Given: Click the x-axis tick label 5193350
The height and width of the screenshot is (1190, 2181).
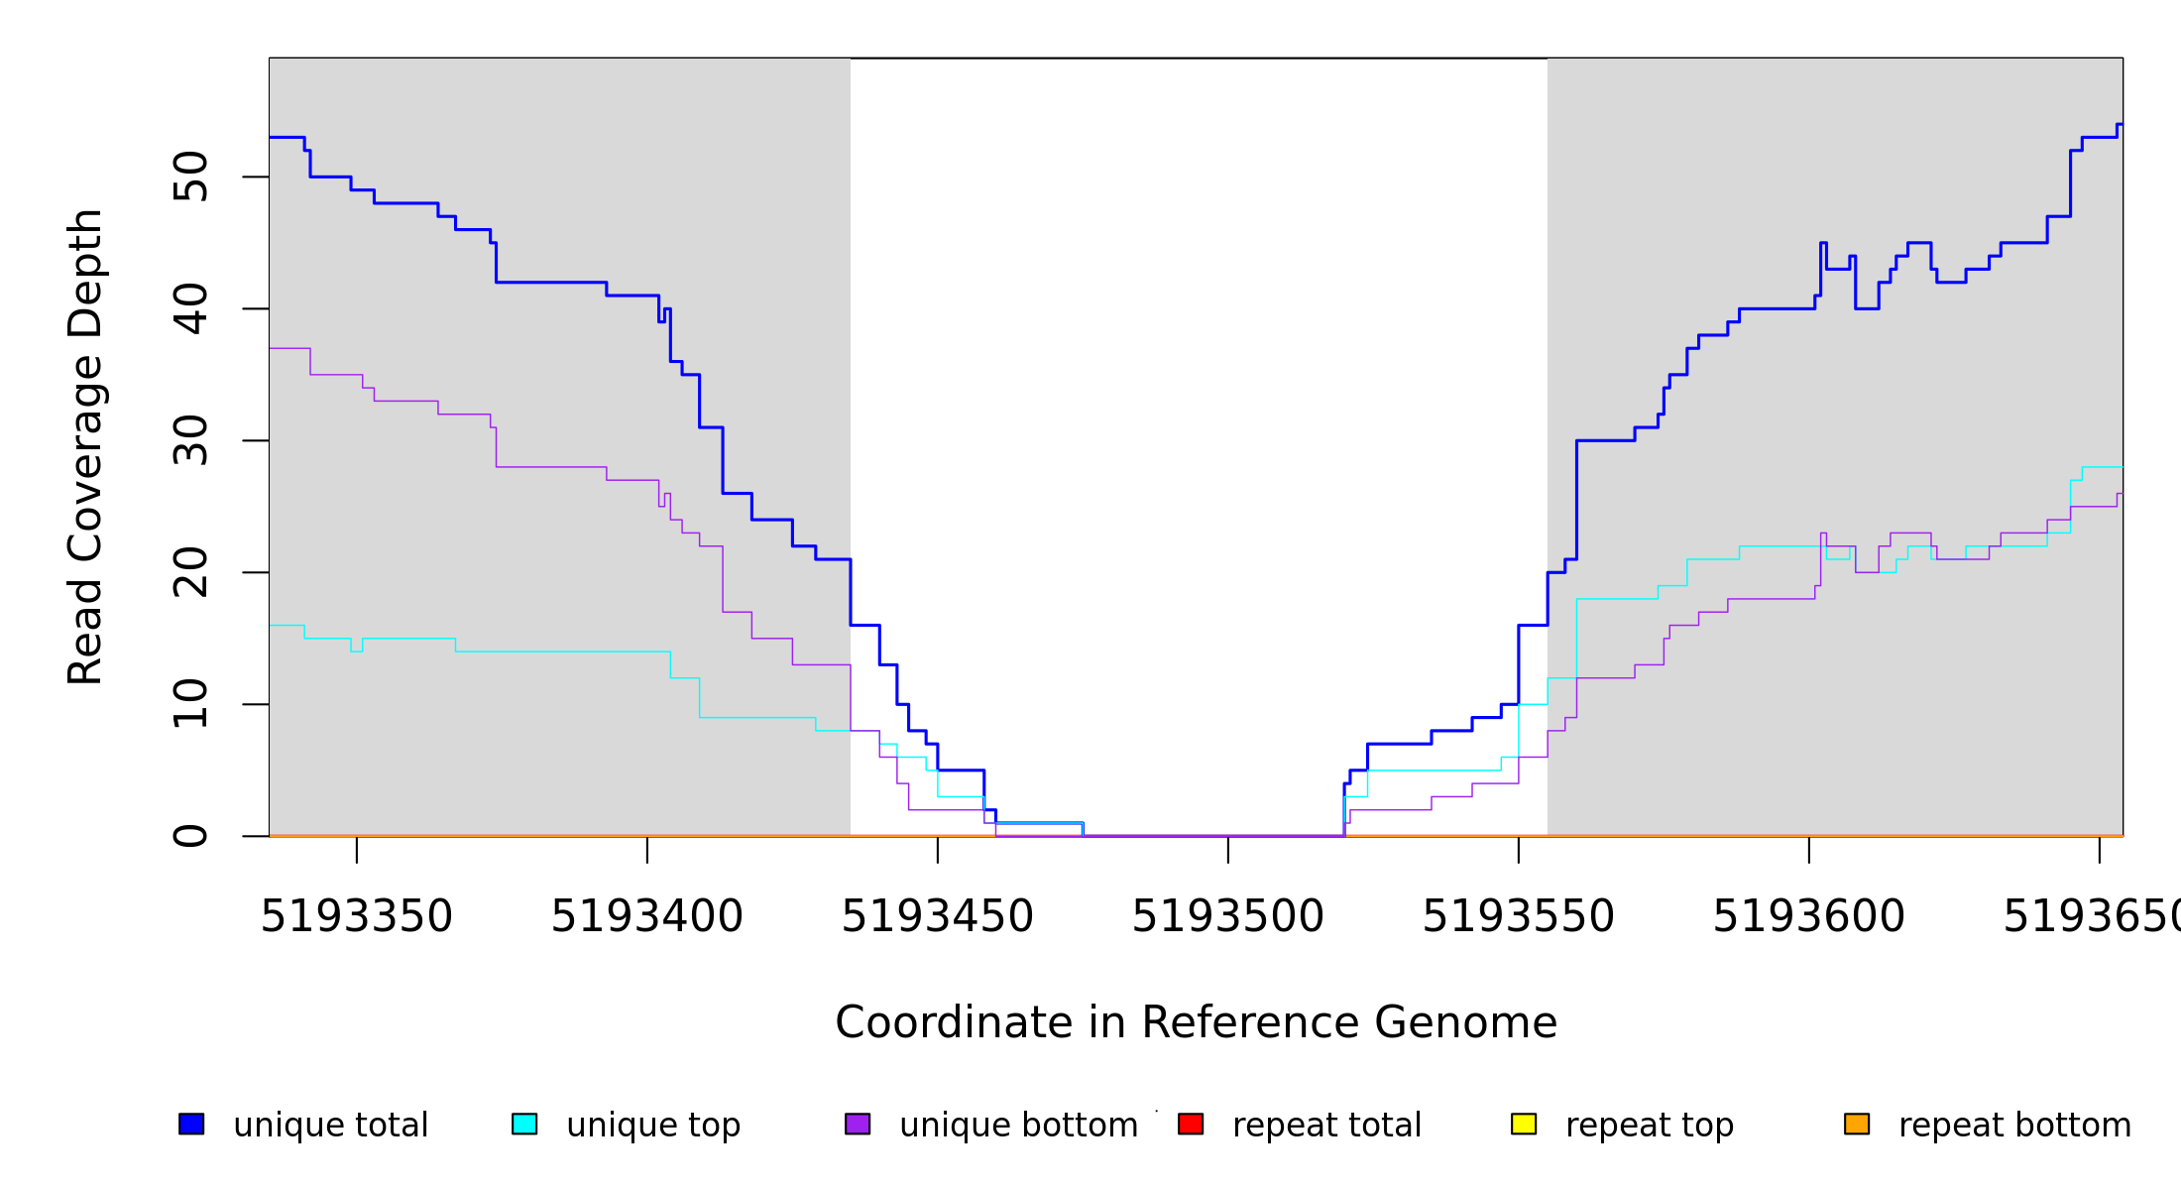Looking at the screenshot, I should click(356, 916).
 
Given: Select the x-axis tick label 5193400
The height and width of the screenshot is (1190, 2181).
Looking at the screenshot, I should click(646, 916).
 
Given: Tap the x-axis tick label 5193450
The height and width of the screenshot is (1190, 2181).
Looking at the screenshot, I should click(937, 916).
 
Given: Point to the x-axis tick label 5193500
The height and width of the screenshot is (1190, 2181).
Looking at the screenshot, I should click(1227, 916).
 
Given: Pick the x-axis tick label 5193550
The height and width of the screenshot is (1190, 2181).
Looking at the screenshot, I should click(1518, 916).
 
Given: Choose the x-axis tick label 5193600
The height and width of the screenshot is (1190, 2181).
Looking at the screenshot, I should click(1808, 916).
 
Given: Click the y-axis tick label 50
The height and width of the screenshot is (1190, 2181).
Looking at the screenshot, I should click(190, 177).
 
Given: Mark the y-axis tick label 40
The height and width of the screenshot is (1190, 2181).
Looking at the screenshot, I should click(190, 308).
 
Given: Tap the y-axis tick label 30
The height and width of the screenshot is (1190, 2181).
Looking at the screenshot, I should click(190, 440).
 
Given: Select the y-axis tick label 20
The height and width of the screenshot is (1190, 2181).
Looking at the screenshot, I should click(190, 572).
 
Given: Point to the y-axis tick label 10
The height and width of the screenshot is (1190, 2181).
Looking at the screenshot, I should click(190, 704).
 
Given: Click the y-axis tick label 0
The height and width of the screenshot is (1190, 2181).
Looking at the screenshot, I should click(190, 836).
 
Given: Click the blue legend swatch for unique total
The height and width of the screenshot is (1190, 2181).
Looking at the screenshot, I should click(191, 1124).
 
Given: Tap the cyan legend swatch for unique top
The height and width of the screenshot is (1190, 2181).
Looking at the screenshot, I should click(524, 1124).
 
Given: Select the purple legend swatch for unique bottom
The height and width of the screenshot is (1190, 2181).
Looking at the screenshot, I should click(858, 1124).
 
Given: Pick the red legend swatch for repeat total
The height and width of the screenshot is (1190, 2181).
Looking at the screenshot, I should click(1191, 1124).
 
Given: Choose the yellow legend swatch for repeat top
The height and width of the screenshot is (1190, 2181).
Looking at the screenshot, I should click(1524, 1124).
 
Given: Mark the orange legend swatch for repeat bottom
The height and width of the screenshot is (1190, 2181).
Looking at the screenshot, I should click(1857, 1124).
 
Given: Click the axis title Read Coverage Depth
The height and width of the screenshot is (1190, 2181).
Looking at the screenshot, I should click(85, 446).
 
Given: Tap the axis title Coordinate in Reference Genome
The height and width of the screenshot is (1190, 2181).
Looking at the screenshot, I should click(1196, 1022).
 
